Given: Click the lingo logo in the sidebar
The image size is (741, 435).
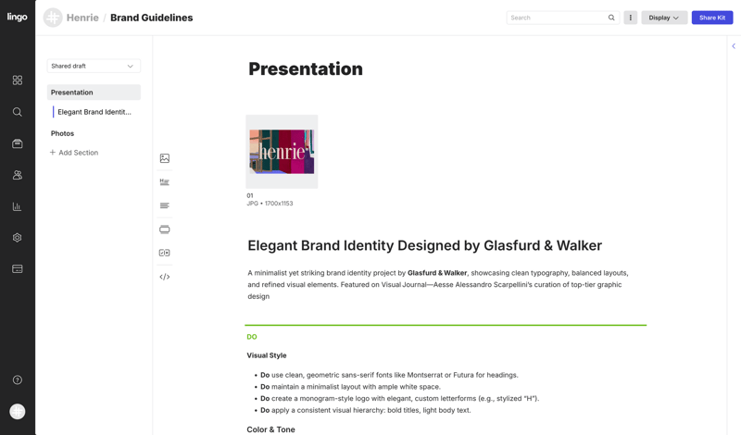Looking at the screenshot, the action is coord(17,17).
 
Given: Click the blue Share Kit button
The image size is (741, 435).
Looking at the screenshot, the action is coord(712,18).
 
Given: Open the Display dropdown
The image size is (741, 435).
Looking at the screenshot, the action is coord(664,18).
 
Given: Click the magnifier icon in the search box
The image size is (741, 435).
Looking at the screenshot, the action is coord(611,18).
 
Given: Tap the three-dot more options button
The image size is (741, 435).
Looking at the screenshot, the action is coord(631,18).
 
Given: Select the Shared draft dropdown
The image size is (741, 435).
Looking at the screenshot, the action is coord(94,66).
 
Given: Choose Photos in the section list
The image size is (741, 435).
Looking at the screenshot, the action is coord(62,133).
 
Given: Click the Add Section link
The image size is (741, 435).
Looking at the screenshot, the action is coord(74,153).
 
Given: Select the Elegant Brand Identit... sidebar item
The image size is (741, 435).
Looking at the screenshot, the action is coord(94,112).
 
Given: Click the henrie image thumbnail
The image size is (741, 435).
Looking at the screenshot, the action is coord(282,152).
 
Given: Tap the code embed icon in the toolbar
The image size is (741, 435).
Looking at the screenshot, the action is coord(165,277).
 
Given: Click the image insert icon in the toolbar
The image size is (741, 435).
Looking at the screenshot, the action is coord(165,158).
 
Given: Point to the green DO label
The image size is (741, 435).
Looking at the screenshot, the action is coord(252,337).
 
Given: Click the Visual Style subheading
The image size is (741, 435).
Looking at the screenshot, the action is coord(267,355).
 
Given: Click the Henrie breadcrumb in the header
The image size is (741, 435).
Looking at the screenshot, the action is coord(82,18).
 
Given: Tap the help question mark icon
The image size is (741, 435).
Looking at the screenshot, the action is coord(18,379).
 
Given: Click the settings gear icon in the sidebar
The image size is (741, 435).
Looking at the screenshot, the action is coord(18,238).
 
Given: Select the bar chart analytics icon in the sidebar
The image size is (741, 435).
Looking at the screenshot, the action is coord(18,206).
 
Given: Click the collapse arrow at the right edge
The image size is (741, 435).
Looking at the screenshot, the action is coord(734,46).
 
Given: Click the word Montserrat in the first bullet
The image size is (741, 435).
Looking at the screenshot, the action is coord(424,375).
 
